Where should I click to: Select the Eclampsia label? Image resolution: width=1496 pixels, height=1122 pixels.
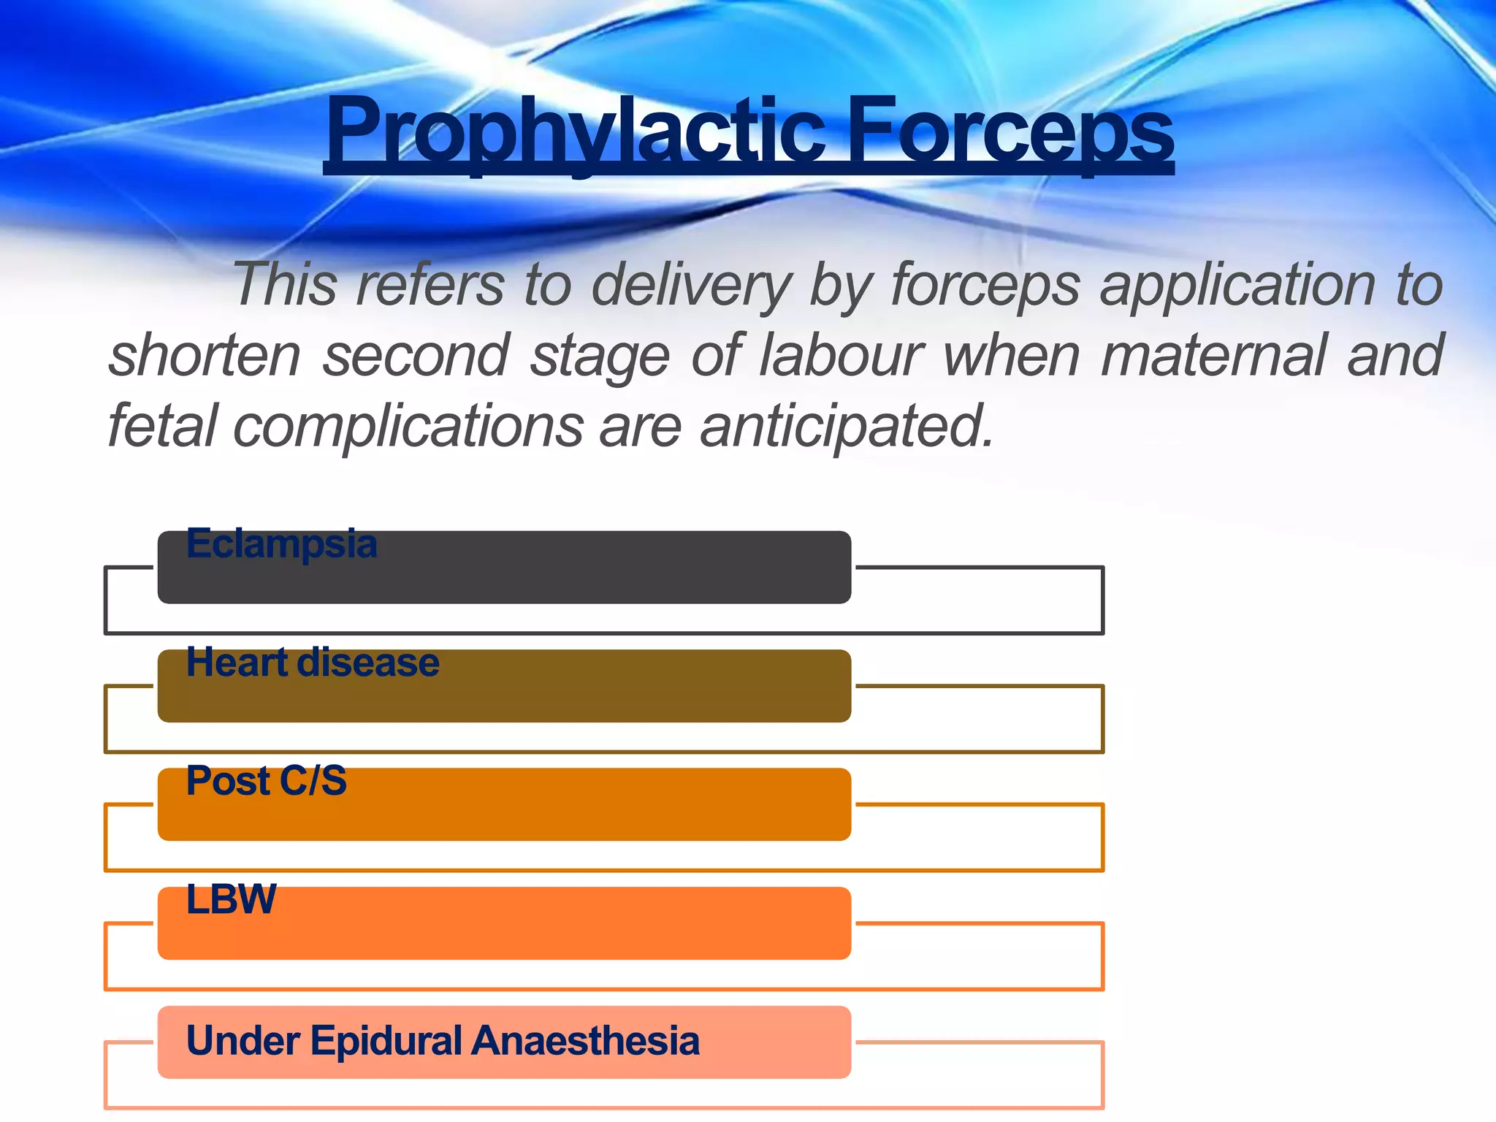pyautogui.click(x=281, y=544)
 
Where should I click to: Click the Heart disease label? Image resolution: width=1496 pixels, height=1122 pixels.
pyautogui.click(x=313, y=663)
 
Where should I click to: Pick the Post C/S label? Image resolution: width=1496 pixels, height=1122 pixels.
pyautogui.click(x=267, y=782)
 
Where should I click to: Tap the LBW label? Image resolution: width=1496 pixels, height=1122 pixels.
pyautogui.click(x=231, y=900)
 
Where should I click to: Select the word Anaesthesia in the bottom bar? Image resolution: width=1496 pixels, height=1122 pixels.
pyautogui.click(x=585, y=1040)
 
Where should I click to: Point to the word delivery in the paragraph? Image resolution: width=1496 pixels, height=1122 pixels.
pyautogui.click(x=691, y=285)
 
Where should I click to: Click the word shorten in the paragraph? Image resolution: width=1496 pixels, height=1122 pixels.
pyautogui.click(x=205, y=356)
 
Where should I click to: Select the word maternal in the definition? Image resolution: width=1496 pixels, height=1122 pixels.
pyautogui.click(x=1213, y=356)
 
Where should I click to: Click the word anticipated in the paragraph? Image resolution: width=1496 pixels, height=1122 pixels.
pyautogui.click(x=847, y=427)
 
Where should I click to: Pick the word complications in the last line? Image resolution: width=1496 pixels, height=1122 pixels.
pyautogui.click(x=408, y=427)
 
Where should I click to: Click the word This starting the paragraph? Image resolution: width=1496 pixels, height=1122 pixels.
pyautogui.click(x=285, y=285)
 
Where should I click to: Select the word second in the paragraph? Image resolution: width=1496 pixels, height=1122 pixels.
pyautogui.click(x=416, y=356)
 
